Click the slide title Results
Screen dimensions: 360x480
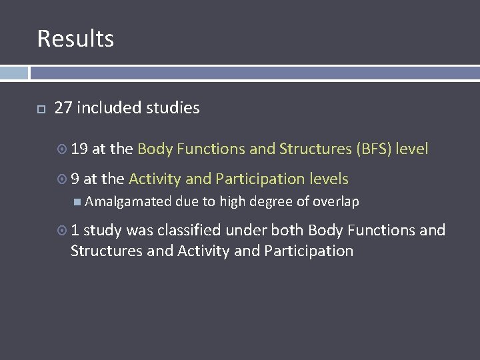pyautogui.click(x=75, y=39)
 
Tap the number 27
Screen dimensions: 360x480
pyautogui.click(x=63, y=108)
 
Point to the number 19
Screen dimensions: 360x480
pyautogui.click(x=79, y=149)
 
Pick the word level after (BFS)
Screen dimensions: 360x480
pyautogui.click(x=411, y=149)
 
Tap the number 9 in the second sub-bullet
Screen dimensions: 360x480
pyautogui.click(x=75, y=179)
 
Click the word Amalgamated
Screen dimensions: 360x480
pyautogui.click(x=128, y=202)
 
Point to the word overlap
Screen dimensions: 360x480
pyautogui.click(x=336, y=202)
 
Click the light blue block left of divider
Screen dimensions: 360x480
pyautogui.click(x=14, y=73)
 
